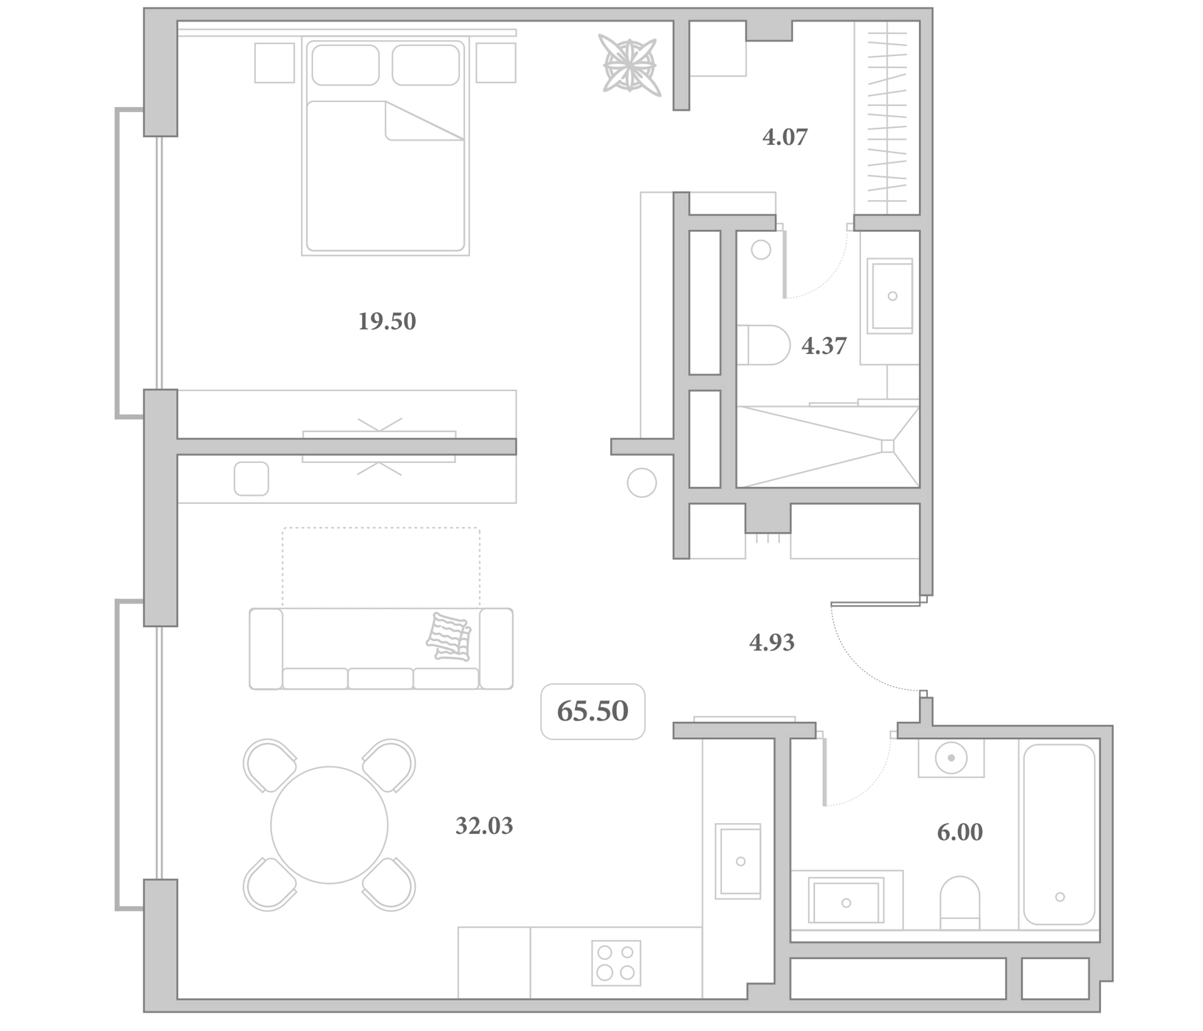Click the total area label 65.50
tap(592, 711)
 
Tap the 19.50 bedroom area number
tap(387, 321)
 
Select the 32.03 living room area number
tap(484, 825)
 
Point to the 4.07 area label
tap(785, 137)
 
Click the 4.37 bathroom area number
tap(824, 346)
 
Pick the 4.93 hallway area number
tap(772, 643)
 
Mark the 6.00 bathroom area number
tap(960, 832)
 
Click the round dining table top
tap(329, 825)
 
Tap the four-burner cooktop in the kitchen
tap(616, 963)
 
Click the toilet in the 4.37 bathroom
tap(764, 345)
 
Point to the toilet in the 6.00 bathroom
tap(960, 903)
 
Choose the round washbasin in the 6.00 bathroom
tap(951, 758)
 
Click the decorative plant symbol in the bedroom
tap(630, 64)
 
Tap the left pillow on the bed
tap(345, 65)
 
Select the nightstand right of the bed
tap(496, 62)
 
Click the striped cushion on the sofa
tap(448, 637)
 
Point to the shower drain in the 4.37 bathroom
tap(887, 446)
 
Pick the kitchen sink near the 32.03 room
tap(738, 861)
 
